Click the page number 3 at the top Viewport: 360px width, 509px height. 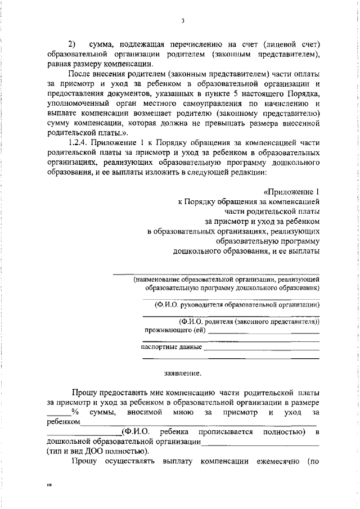click(x=183, y=21)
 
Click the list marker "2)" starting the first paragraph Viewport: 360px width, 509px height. click(x=71, y=43)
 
